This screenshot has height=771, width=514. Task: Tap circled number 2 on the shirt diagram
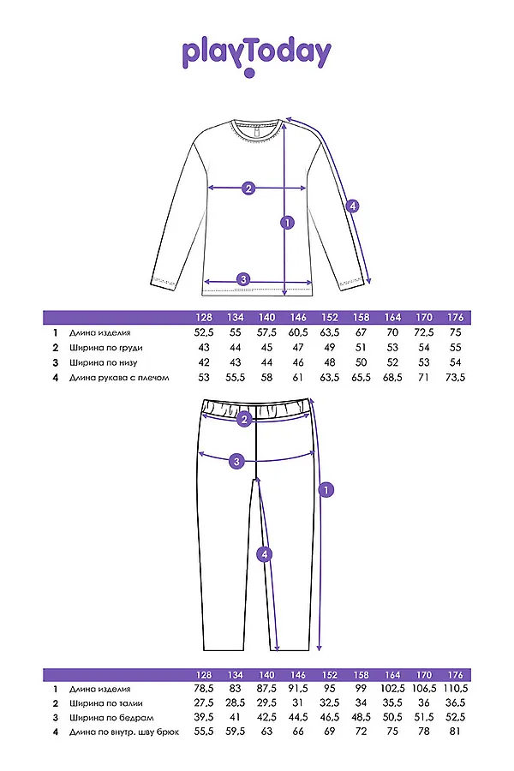click(248, 188)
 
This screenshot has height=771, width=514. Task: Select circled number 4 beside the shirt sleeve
click(352, 206)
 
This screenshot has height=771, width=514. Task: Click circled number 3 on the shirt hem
click(243, 280)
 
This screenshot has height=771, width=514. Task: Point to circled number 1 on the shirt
click(287, 222)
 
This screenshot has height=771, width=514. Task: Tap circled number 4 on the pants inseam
click(265, 554)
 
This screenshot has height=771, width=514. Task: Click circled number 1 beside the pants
click(326, 490)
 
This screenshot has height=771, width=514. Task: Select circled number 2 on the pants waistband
click(244, 420)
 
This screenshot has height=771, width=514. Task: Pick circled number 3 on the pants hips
click(236, 461)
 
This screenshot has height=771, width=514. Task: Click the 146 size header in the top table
click(298, 318)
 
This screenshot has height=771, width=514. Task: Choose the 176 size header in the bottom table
click(456, 675)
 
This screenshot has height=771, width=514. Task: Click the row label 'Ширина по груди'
click(105, 348)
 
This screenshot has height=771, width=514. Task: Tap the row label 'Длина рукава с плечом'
click(119, 378)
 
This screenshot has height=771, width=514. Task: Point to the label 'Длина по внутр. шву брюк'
click(124, 732)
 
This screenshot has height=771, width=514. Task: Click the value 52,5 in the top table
click(204, 333)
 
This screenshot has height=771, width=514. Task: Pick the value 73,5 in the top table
click(456, 378)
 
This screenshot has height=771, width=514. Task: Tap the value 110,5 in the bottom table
click(456, 689)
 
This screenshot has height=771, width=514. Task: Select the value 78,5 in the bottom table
click(204, 689)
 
